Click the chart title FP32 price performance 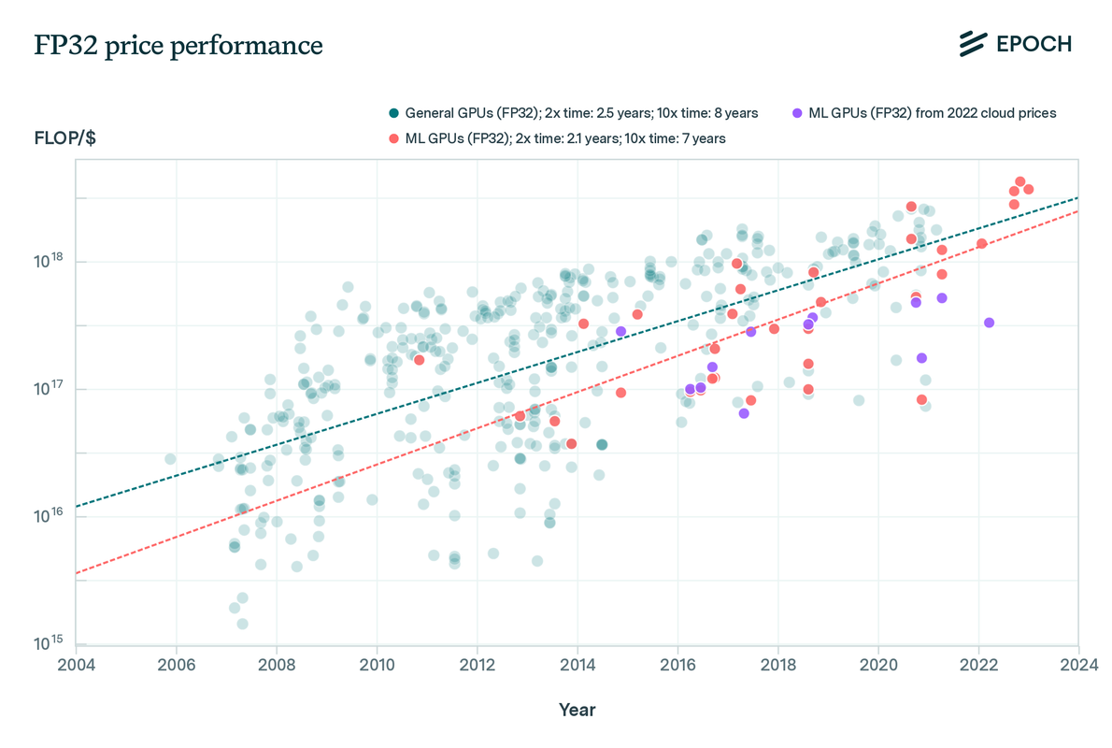click(178, 46)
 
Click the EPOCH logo click(1015, 43)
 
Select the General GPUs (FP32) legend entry click(573, 113)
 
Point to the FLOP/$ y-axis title click(64, 138)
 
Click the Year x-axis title click(577, 710)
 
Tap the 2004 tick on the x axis click(76, 665)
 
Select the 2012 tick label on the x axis click(477, 665)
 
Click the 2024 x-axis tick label click(1078, 665)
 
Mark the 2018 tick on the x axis click(777, 665)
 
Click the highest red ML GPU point click(1020, 181)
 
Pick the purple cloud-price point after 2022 click(989, 323)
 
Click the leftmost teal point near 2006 click(170, 459)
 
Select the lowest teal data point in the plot click(242, 624)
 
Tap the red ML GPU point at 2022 click(982, 244)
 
